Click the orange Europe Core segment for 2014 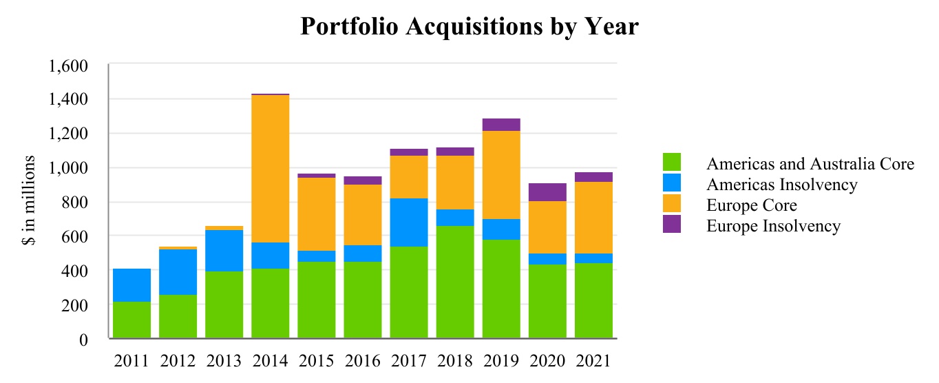tap(270, 169)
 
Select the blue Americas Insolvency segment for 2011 tap(131, 285)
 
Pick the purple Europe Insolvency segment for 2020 tap(547, 192)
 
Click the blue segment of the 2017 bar tap(409, 222)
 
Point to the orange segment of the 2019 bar tap(501, 175)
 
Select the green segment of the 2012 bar tap(178, 317)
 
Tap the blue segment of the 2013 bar tap(224, 251)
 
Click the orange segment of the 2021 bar tap(593, 218)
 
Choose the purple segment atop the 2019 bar tap(501, 125)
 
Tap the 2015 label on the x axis tap(316, 361)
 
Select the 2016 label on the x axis tap(362, 361)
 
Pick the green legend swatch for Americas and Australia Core tap(672, 163)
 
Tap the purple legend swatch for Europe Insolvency tap(672, 225)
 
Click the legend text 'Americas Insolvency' tap(782, 184)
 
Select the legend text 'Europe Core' tap(751, 205)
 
